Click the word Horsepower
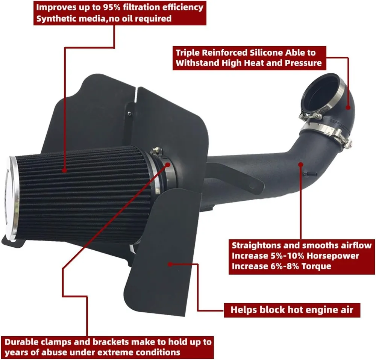(327, 256)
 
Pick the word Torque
(317, 266)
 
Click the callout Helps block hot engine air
(292, 310)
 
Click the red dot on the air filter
(65, 170)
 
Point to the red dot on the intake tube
(300, 163)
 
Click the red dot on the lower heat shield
(170, 264)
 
